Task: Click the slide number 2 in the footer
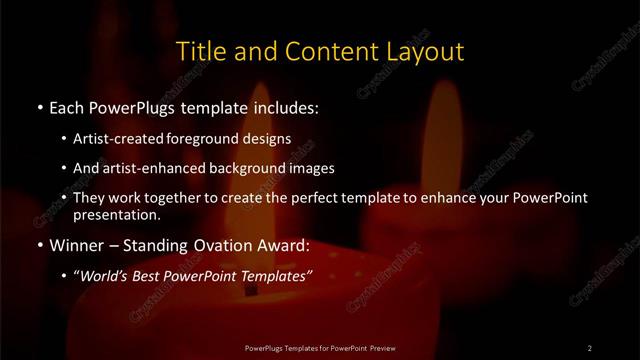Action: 589,347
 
